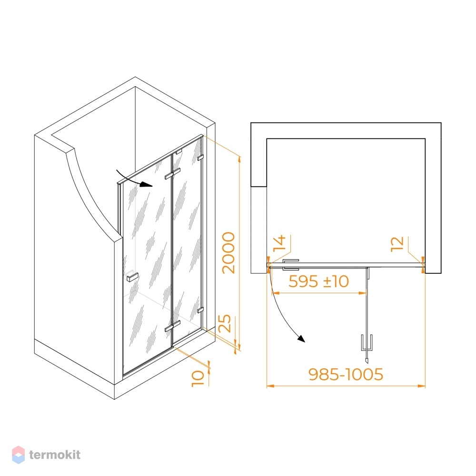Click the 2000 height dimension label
click(228, 253)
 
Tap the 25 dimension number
click(225, 323)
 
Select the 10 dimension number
click(198, 378)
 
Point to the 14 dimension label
click(279, 243)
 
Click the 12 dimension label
click(397, 244)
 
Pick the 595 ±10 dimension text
click(318, 281)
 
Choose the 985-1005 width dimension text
click(346, 374)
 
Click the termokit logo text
click(55, 455)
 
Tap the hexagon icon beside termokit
click(18, 455)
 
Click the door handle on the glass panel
click(132, 277)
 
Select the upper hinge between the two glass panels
click(172, 174)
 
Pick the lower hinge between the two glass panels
click(172, 326)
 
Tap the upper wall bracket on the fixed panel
click(200, 158)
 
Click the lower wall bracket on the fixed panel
click(200, 310)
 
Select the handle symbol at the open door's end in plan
click(367, 343)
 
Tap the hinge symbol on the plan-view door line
click(291, 265)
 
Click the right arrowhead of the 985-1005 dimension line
click(422, 386)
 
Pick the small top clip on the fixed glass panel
click(178, 151)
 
